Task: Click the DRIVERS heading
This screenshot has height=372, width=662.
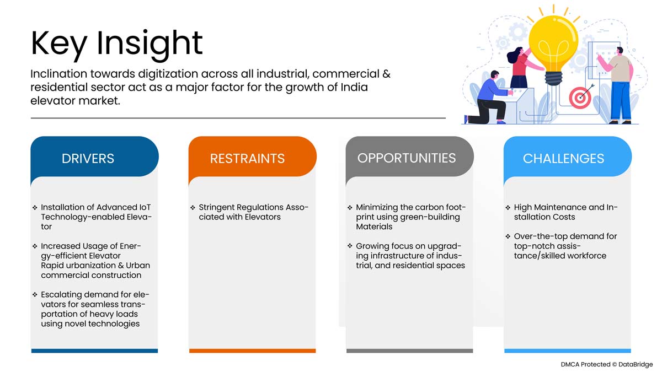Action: coord(88,159)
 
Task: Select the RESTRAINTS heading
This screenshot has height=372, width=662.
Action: coord(247,159)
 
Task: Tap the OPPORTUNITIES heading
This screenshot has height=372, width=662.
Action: coord(407,158)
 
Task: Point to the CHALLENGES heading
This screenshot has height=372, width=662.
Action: coord(563,159)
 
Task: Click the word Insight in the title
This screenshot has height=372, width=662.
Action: coord(150,44)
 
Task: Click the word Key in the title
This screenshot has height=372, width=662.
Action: coord(58,45)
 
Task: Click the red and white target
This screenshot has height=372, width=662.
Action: coord(580,98)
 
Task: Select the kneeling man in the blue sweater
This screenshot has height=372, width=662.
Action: coord(489,98)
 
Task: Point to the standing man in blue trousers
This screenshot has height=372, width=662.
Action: coord(618,85)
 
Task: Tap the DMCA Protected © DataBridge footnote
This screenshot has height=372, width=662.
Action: coord(606,364)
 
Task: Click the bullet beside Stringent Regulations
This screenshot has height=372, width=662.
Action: coord(193,208)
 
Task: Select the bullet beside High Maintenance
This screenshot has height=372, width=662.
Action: coord(508,208)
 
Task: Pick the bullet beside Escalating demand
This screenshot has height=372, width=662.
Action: coord(35,295)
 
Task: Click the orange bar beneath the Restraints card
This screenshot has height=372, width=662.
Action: coord(253,351)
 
